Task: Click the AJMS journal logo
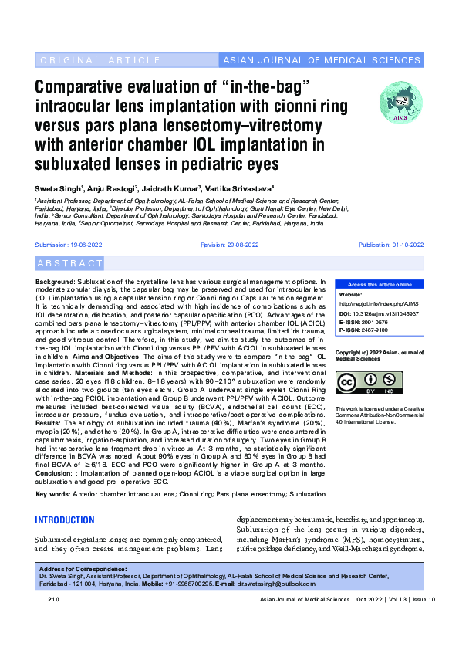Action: pyautogui.click(x=400, y=102)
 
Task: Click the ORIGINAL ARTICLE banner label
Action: pyautogui.click(x=89, y=60)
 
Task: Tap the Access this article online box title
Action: pyautogui.click(x=380, y=285)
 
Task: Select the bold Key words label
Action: pyautogui.click(x=52, y=493)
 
